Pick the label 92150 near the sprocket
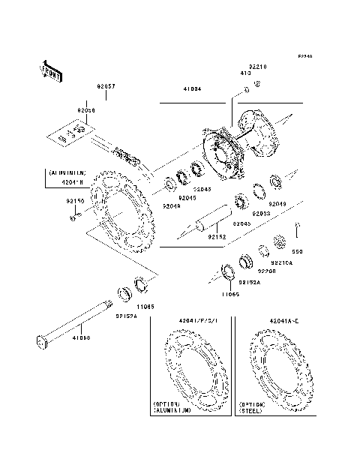74,201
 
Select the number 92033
260,213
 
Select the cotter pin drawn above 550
298,226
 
